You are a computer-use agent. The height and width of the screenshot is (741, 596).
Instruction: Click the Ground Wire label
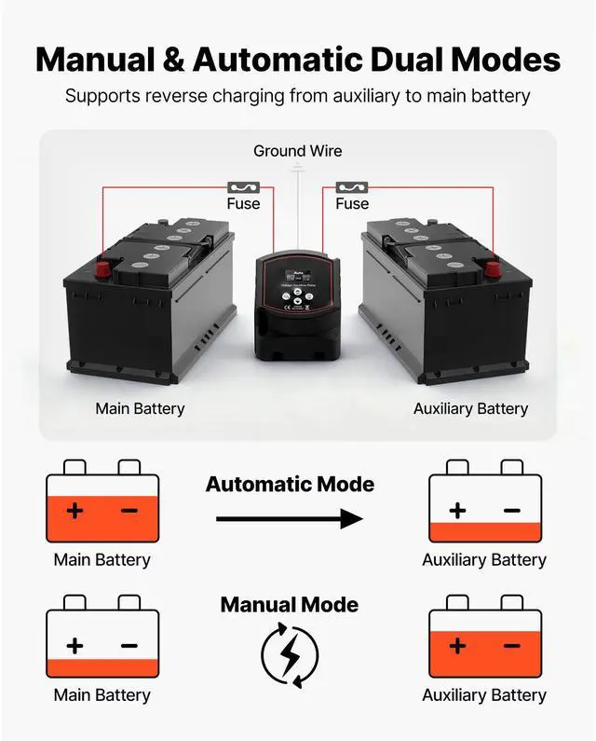pyautogui.click(x=297, y=151)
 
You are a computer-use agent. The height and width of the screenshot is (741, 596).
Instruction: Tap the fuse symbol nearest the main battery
pyautogui.click(x=243, y=186)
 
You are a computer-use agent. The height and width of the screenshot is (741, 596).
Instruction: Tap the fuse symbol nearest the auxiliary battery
pyautogui.click(x=352, y=186)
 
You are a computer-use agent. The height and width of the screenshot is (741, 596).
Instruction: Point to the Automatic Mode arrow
pyautogui.click(x=289, y=519)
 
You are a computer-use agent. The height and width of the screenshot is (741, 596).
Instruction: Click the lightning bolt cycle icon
pyautogui.click(x=289, y=653)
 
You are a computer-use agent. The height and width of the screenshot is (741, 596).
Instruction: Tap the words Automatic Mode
pyautogui.click(x=290, y=485)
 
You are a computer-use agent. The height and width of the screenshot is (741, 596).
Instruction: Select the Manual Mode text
pyautogui.click(x=289, y=605)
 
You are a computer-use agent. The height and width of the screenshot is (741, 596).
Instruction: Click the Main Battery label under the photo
pyautogui.click(x=140, y=408)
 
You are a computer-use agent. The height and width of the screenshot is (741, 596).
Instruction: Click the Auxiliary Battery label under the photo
pyautogui.click(x=470, y=408)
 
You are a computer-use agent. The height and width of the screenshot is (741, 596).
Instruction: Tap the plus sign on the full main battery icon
pyautogui.click(x=74, y=511)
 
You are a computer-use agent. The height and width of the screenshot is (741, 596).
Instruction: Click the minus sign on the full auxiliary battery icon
pyautogui.click(x=511, y=646)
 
